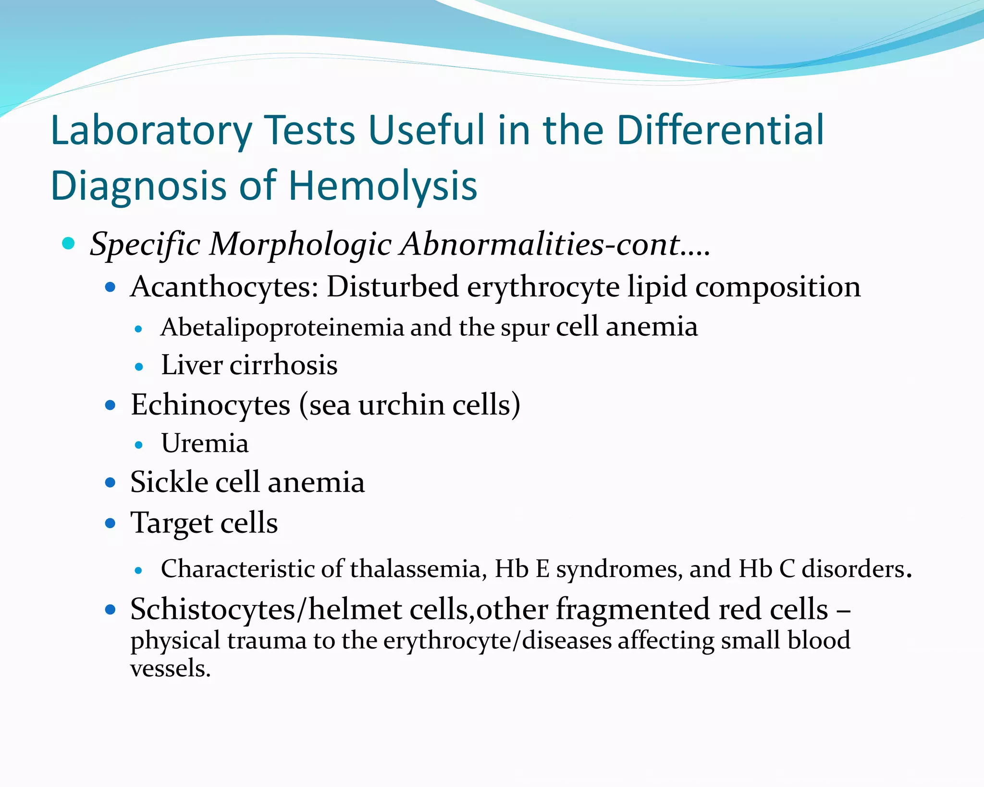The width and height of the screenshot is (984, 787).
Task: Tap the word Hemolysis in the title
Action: tap(382, 186)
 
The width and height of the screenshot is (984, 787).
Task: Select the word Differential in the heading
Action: tap(720, 131)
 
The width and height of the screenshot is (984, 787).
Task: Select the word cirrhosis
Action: tap(283, 366)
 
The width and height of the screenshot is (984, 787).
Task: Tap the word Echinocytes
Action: tap(210, 405)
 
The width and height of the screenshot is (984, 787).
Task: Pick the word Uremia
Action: tap(205, 443)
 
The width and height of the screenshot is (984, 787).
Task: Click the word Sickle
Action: tap(169, 482)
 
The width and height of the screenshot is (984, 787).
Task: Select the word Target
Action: tap(172, 523)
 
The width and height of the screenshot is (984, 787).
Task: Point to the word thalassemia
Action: tap(415, 569)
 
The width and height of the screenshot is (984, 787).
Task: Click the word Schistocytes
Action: tap(213, 610)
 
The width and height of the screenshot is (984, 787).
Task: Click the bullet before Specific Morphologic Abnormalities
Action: tap(69, 244)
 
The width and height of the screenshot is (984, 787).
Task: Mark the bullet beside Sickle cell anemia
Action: tap(111, 482)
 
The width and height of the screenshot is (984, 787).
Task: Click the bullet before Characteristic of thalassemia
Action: tap(139, 571)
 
